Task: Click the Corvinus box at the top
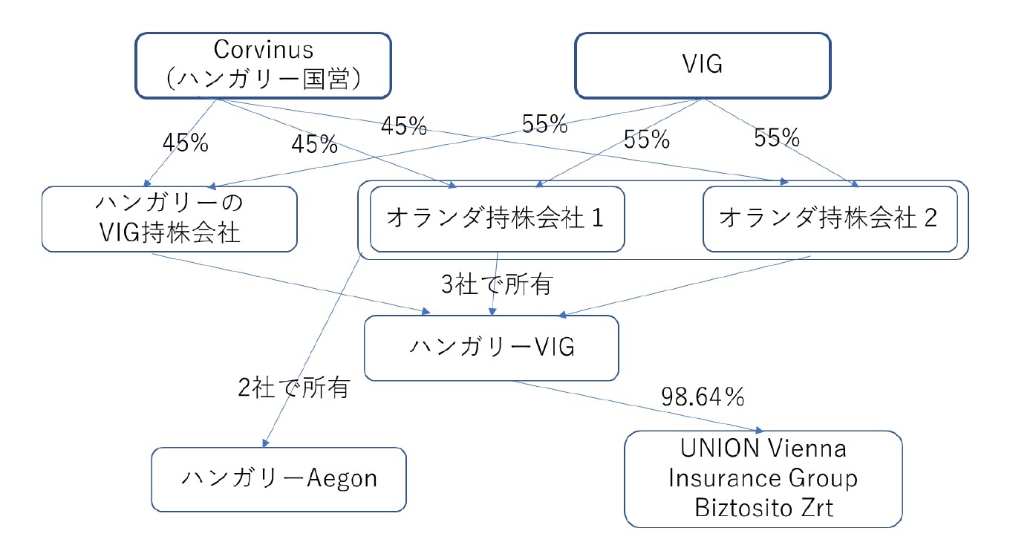pos(264,65)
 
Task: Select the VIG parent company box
pos(701,65)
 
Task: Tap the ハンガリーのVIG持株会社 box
pos(170,218)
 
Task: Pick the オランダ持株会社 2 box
pos(829,218)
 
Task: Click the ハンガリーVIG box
pos(491,348)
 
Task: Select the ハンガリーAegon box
pos(279,479)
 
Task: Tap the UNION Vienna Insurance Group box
pos(763,479)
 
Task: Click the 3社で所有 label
pos(496,284)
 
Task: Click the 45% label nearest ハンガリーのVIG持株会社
pos(185,144)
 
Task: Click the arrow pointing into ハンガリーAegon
pos(312,349)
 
